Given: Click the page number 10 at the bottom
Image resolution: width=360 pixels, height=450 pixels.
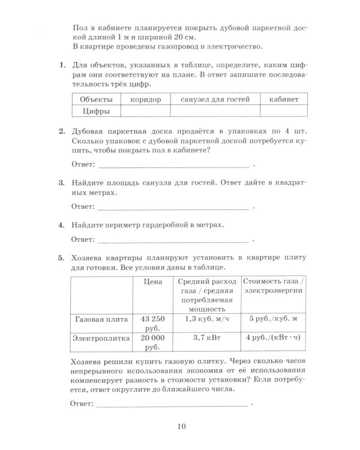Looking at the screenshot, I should coord(182,427).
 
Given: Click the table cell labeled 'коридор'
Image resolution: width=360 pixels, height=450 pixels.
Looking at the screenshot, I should coord(145,100).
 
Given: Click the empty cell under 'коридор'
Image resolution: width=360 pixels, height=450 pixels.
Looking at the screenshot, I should coord(145,111).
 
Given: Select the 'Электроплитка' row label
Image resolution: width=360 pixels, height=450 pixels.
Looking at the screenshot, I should coord(100,339).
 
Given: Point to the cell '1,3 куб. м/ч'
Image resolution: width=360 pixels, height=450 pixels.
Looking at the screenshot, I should coord(208,319).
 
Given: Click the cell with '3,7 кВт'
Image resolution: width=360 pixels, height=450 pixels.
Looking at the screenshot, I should coord(208,339).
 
